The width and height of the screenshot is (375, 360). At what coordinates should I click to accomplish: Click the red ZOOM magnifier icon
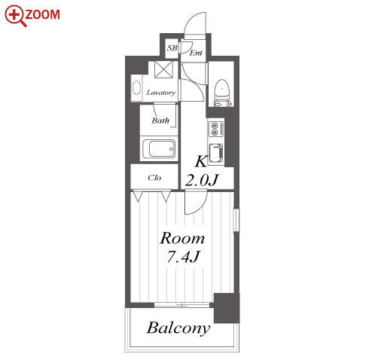[x=16, y=16]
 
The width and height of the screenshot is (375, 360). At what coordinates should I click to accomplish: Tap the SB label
[x=172, y=48]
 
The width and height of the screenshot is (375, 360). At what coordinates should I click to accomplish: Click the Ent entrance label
[x=196, y=53]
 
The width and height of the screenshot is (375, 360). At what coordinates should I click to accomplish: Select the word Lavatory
[x=161, y=93]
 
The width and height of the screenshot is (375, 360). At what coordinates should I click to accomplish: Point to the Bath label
[x=160, y=121]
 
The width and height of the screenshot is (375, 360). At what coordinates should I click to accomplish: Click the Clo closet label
[x=154, y=178]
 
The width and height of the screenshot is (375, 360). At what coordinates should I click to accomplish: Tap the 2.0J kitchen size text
[x=202, y=180]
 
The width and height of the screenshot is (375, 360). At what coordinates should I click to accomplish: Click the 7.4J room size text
[x=183, y=257]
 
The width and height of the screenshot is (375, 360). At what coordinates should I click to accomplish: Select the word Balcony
[x=178, y=328]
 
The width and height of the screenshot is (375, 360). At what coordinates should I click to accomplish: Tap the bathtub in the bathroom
[x=159, y=149]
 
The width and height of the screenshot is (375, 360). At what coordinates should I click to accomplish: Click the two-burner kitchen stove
[x=215, y=129]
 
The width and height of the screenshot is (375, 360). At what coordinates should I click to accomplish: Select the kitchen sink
[x=216, y=153]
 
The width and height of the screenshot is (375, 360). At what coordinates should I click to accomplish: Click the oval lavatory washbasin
[x=136, y=87]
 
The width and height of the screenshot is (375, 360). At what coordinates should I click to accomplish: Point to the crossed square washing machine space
[x=163, y=69]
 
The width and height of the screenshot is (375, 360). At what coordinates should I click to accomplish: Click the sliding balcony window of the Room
[x=181, y=305]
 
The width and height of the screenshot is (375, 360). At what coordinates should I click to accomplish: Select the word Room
[x=182, y=238]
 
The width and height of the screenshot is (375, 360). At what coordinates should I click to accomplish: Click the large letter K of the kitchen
[x=201, y=161]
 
